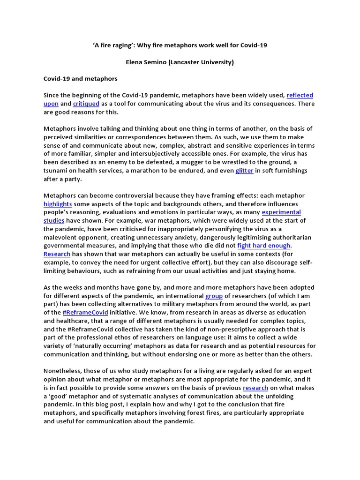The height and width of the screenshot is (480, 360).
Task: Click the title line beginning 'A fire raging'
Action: pos(180,45)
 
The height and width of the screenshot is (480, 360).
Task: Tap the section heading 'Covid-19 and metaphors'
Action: pos(80,78)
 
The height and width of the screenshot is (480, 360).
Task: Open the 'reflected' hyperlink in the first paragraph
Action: pos(300,95)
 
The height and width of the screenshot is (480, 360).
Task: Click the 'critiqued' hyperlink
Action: pos(86,104)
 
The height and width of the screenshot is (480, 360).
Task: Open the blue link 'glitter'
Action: pos(244,171)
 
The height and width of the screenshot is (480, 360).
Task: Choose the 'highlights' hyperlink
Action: pos(58,204)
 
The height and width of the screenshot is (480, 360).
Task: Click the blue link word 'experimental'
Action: pos(281,212)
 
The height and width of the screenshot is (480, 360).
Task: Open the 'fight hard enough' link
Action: pos(264,246)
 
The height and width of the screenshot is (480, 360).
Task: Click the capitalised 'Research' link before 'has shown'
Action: pos(57,254)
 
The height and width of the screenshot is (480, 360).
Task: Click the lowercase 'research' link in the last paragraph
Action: pos(255,388)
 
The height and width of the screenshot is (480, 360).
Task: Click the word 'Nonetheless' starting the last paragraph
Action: pos(63,371)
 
